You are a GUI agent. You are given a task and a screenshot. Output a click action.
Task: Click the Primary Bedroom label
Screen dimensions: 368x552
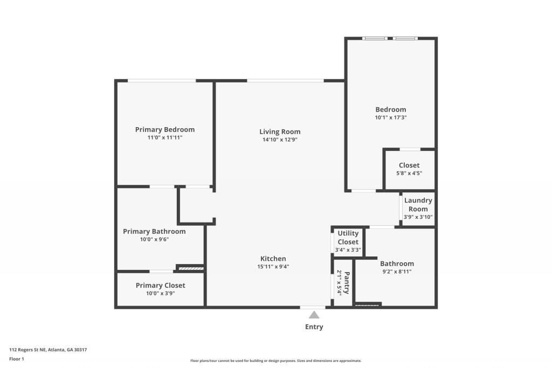(164, 129)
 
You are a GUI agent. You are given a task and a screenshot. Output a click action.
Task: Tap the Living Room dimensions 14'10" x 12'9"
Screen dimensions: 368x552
(280, 140)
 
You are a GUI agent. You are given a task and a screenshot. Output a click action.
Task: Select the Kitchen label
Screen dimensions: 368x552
(273, 259)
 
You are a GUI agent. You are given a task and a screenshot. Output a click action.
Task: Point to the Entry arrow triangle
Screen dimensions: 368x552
(314, 315)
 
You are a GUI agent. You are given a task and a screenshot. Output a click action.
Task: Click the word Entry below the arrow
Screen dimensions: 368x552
(314, 327)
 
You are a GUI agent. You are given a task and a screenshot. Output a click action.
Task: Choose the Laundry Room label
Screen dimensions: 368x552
(418, 205)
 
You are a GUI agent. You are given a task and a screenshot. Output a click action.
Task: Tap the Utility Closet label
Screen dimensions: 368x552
(348, 238)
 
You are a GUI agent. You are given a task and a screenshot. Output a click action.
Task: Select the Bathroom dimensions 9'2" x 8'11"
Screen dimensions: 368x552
(397, 272)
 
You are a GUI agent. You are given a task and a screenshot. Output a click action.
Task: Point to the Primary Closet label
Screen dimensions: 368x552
(160, 285)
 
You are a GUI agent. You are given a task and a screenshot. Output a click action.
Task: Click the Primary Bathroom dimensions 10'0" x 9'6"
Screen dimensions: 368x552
(154, 240)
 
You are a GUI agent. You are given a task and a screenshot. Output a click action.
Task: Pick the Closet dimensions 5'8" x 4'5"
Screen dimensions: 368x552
(409, 173)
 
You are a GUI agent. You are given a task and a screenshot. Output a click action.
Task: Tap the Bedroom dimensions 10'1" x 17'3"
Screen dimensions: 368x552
(391, 117)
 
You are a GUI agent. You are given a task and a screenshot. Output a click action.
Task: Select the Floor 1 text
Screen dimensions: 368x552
(17, 358)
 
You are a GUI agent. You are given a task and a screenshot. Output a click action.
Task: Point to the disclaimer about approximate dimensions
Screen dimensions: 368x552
(275, 361)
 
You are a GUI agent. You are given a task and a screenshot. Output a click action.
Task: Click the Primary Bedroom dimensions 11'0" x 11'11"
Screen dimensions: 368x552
(164, 138)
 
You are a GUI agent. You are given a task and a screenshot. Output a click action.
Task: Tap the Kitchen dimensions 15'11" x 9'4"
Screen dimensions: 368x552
(273, 267)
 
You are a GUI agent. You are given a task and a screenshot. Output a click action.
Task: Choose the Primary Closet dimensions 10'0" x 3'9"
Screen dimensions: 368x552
(160, 294)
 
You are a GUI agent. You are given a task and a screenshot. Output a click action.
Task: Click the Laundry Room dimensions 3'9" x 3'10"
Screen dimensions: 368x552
(418, 217)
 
